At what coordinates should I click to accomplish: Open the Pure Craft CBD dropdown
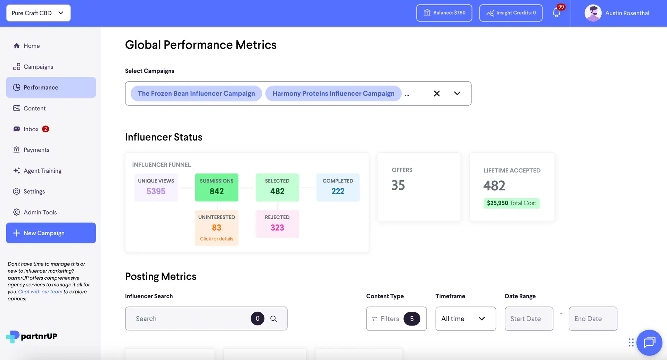(38, 13)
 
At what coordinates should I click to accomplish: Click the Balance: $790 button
(444, 13)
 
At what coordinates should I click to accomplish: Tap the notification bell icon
(556, 13)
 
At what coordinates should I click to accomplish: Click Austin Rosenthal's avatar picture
(593, 13)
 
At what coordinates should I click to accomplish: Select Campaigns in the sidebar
(38, 67)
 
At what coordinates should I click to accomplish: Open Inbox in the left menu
(31, 129)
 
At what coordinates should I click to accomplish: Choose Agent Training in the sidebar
(42, 171)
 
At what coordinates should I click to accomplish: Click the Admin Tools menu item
(40, 212)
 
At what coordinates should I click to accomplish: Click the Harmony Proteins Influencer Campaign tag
(333, 93)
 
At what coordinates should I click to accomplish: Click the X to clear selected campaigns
(437, 93)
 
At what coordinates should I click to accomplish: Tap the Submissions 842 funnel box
(216, 187)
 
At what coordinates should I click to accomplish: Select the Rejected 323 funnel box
(277, 223)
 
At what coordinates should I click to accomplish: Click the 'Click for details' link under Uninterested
(216, 239)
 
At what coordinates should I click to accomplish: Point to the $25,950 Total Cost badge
(511, 203)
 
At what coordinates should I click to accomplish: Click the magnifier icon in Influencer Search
(273, 319)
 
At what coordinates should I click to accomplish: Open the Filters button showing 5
(396, 319)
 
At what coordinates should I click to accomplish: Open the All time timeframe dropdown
(465, 319)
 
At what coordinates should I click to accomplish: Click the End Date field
(593, 319)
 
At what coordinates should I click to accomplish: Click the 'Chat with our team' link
(40, 292)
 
